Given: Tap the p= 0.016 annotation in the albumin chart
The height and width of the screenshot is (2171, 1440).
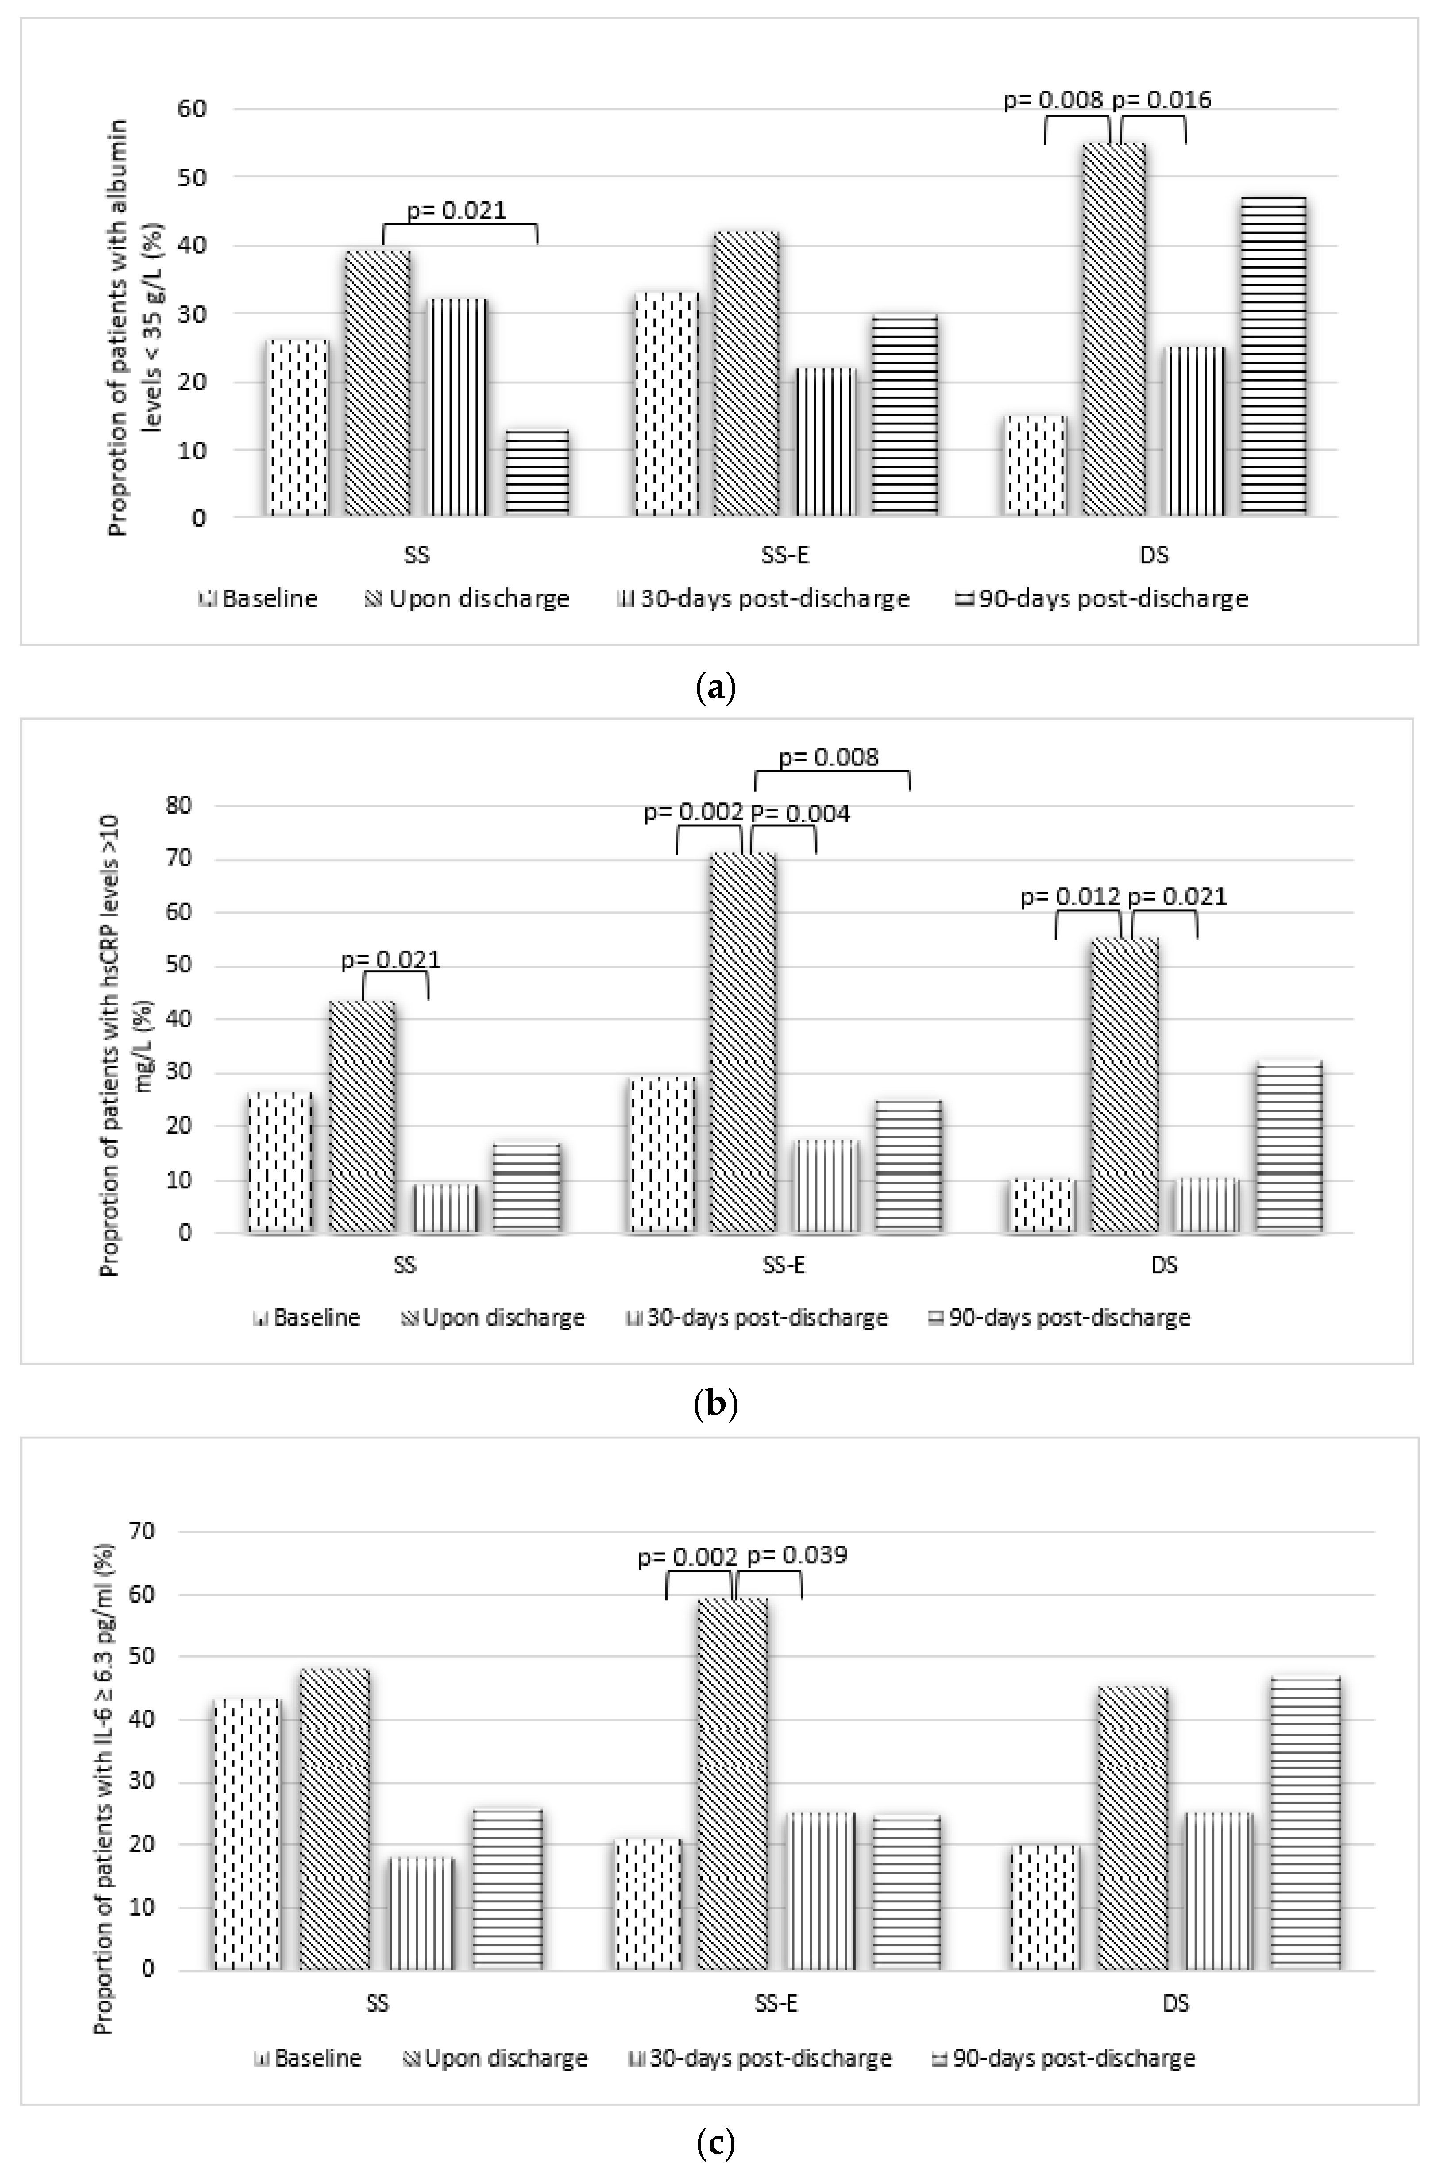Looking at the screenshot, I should coord(1162,99).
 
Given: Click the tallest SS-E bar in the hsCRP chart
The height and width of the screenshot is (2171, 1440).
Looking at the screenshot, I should coord(742,1042).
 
